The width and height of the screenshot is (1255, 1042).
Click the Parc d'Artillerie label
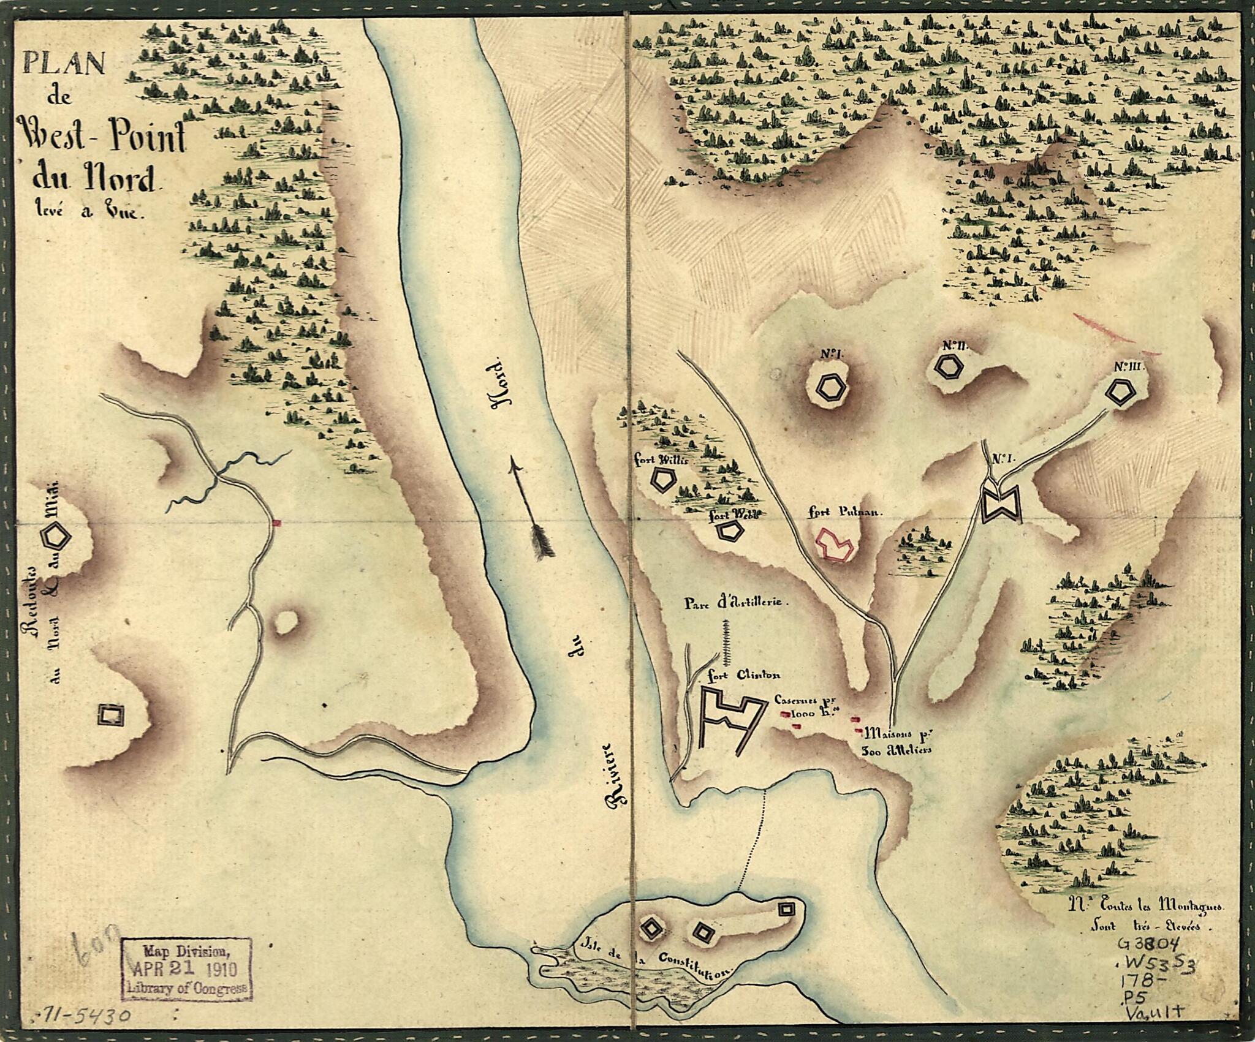[735, 603]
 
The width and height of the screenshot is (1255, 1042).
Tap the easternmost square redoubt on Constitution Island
[786, 891]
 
